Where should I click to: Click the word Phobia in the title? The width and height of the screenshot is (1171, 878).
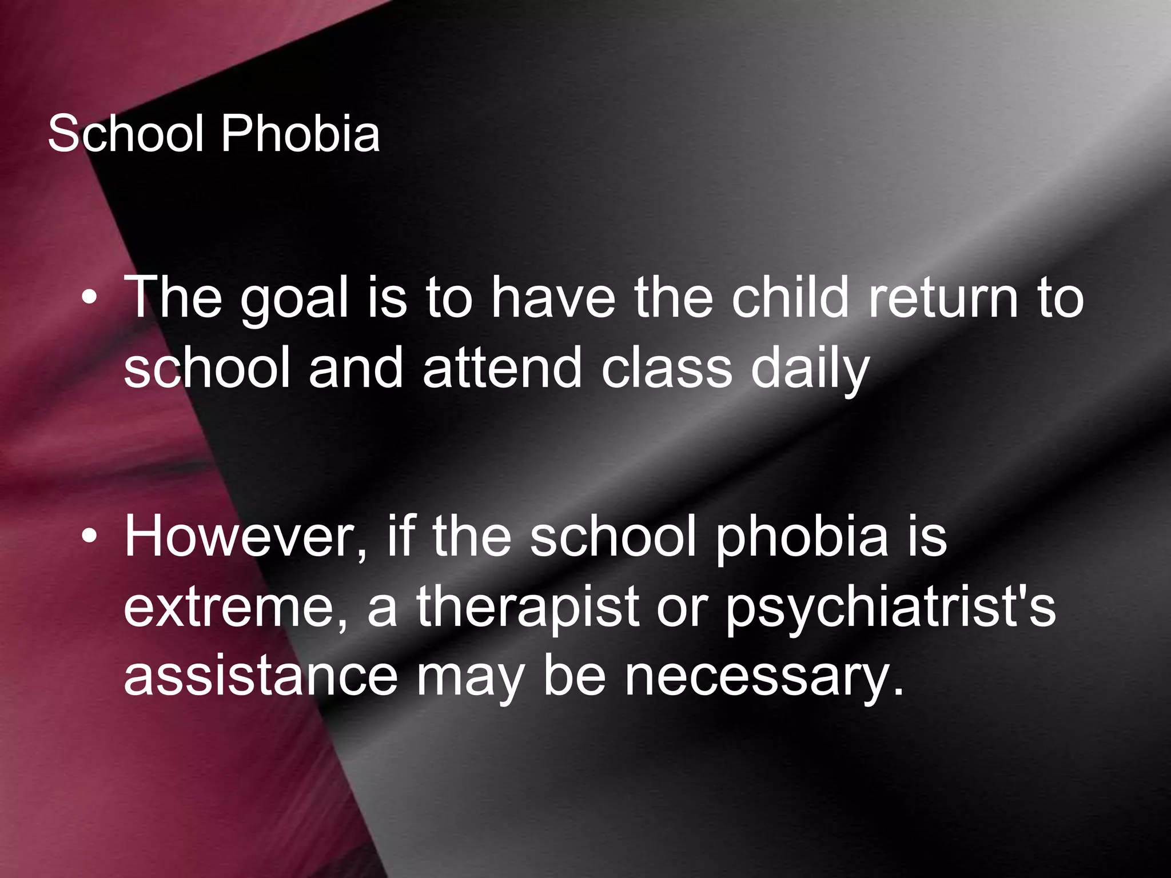300,135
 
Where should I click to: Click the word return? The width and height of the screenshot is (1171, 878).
943,298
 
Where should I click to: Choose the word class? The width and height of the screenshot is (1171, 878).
667,368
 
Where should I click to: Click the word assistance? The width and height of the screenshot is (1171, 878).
261,677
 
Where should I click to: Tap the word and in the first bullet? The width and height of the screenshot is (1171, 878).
356,368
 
